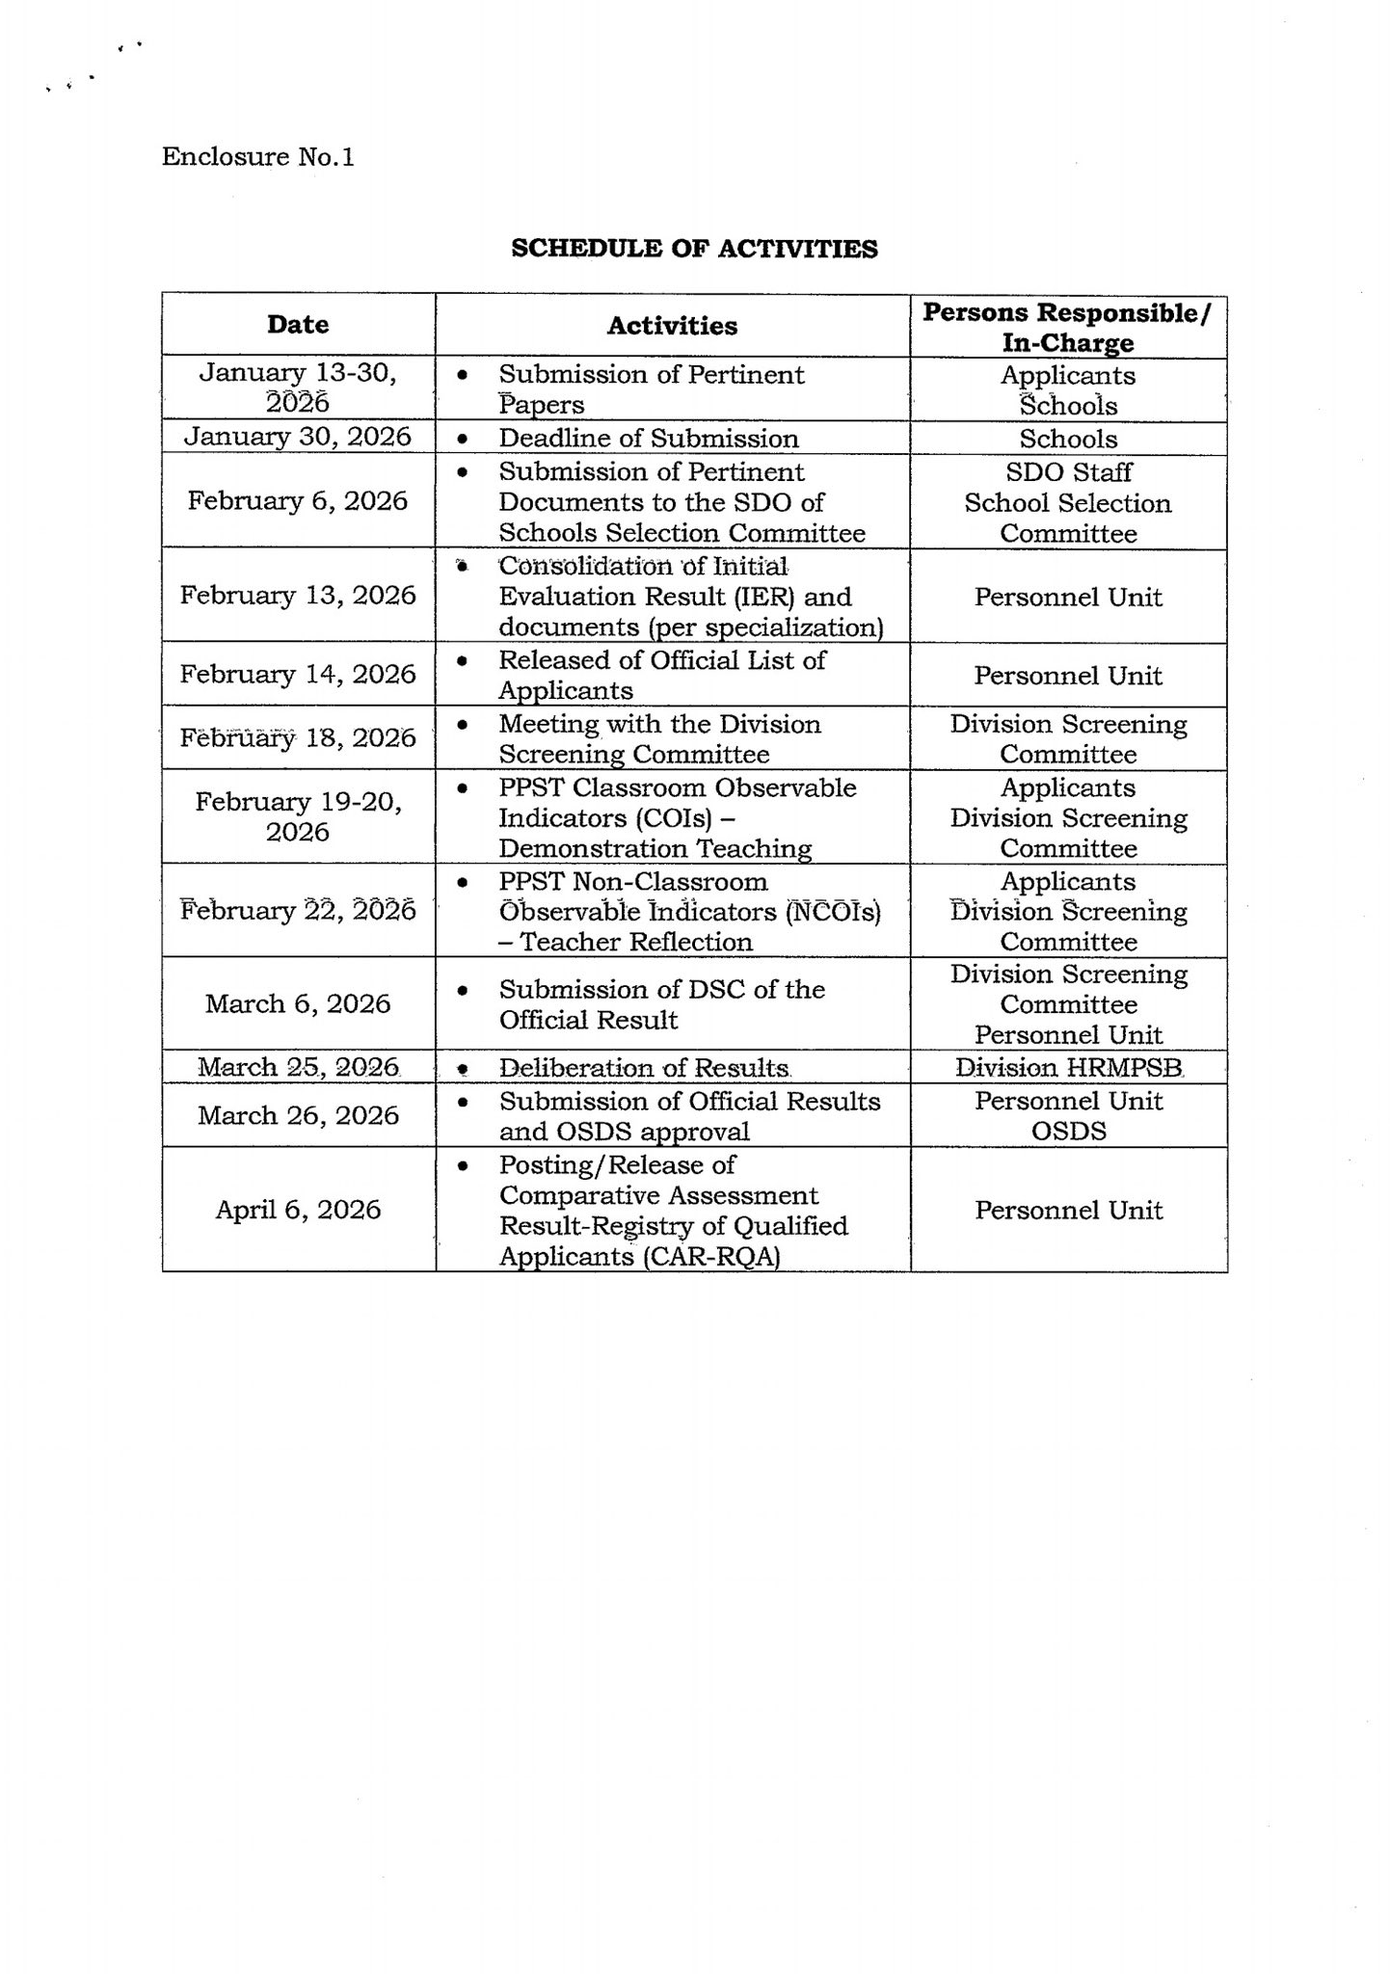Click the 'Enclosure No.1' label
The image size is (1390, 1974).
[x=257, y=157]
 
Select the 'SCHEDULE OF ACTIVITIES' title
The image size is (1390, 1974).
[x=694, y=249]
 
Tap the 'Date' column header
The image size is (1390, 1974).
[x=298, y=324]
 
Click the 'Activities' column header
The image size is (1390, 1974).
[x=672, y=326]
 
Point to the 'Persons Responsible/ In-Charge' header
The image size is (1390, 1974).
[x=1067, y=328]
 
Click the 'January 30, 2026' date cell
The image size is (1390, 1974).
[x=298, y=437]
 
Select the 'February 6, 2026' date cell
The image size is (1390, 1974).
[x=298, y=500]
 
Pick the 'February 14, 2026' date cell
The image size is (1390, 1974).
[x=298, y=674]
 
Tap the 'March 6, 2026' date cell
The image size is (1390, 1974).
[x=298, y=1003]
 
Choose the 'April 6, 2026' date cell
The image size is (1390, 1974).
[x=298, y=1210]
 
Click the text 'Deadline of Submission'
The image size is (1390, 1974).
[x=648, y=439]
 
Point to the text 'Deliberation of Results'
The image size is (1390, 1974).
[x=644, y=1068]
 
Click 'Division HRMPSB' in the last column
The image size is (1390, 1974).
[x=1068, y=1068]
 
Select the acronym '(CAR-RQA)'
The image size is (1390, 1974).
[x=709, y=1257]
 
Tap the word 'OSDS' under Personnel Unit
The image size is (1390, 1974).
[x=1068, y=1131]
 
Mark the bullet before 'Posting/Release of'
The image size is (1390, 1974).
[x=464, y=1166]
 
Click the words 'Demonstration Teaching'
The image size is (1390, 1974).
[x=655, y=848]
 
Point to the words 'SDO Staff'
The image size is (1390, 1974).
[x=1068, y=471]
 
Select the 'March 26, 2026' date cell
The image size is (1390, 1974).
[x=298, y=1115]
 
